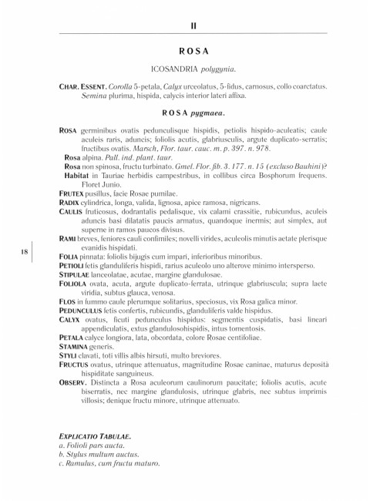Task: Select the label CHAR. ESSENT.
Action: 82,89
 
